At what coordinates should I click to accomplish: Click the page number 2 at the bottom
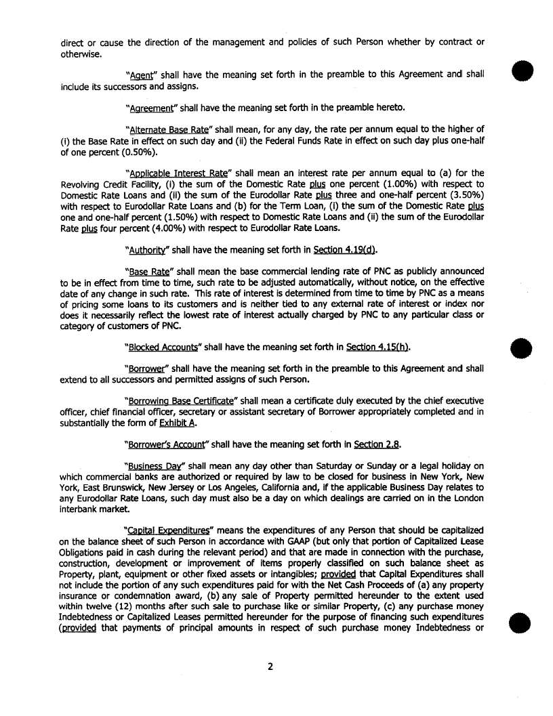(270, 667)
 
